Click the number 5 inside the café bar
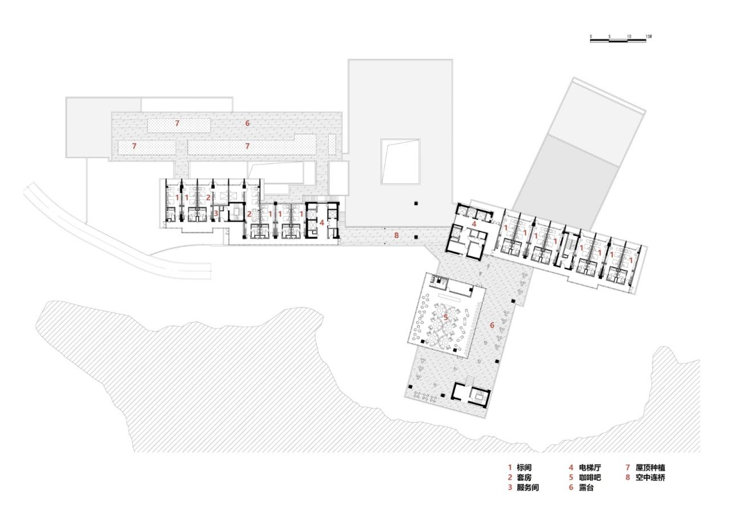[445, 317]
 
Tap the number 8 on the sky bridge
[396, 234]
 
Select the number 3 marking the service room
[216, 214]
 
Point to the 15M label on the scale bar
[649, 36]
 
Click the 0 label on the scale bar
[591, 36]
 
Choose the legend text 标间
[524, 468]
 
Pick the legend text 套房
[524, 478]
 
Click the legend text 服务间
[528, 488]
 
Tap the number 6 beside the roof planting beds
[247, 123]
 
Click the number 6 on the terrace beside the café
[492, 325]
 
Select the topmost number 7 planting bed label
[177, 123]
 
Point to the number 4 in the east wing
[474, 224]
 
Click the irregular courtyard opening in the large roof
[400, 161]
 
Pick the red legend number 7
[627, 468]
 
